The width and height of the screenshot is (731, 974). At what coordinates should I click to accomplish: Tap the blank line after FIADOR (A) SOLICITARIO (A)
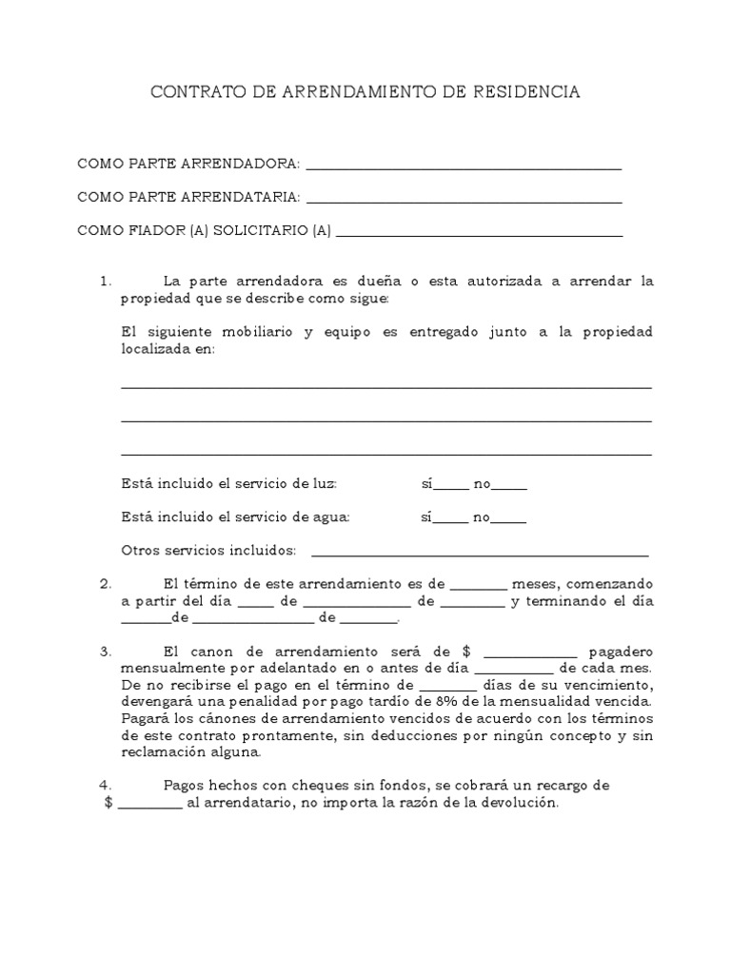point(480,234)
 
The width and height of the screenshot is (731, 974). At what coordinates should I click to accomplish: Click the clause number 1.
point(106,282)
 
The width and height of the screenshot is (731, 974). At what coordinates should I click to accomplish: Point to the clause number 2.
point(106,583)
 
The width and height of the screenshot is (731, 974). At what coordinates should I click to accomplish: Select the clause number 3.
point(106,653)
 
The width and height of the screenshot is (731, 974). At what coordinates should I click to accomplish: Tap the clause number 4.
point(106,786)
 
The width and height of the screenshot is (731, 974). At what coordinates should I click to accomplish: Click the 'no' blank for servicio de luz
point(508,487)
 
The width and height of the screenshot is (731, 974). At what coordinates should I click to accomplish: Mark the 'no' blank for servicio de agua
point(508,520)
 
